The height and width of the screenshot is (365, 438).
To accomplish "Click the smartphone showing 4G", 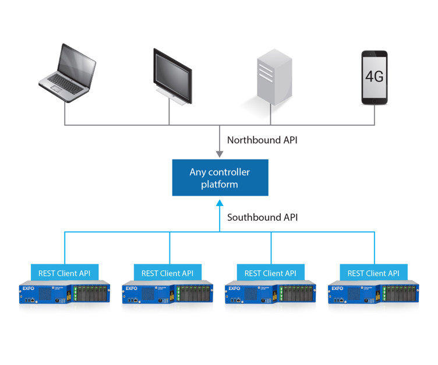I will [x=374, y=77].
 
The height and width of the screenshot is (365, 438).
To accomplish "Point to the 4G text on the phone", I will [x=374, y=76].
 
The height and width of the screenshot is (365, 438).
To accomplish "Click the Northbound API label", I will [x=262, y=140].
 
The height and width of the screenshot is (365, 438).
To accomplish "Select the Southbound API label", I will [x=263, y=217].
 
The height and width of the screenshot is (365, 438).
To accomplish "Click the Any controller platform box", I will [x=220, y=178].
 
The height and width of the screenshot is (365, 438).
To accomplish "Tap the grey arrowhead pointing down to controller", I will [x=219, y=154].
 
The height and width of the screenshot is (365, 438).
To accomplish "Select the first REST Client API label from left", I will [x=65, y=272].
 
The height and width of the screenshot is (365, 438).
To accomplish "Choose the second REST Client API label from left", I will [x=168, y=272].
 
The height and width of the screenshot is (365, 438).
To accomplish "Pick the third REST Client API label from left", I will [x=270, y=272].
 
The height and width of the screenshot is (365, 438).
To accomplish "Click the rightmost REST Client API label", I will [x=373, y=272].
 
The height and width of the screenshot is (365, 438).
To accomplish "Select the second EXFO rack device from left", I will [x=168, y=293].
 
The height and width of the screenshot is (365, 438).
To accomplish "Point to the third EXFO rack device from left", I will [x=270, y=293].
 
